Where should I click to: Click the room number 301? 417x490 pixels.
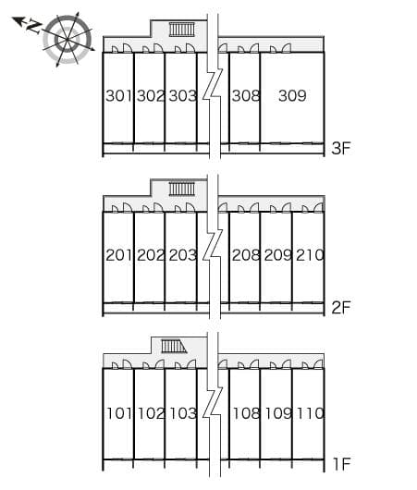(x=118, y=95)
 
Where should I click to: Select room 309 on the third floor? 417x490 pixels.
(x=292, y=95)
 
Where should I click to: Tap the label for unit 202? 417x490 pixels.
(x=151, y=255)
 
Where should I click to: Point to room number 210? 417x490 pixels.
(x=310, y=255)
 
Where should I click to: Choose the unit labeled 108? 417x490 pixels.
(x=246, y=413)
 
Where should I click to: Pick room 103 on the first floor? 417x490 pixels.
(x=183, y=413)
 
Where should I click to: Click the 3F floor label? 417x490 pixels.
(x=341, y=148)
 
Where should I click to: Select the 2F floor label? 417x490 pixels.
(x=341, y=308)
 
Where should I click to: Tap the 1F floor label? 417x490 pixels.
(x=341, y=464)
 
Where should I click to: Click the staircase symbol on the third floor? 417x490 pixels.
(x=182, y=30)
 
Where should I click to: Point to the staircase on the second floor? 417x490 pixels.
(x=182, y=189)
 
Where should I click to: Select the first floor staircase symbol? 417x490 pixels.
(x=174, y=347)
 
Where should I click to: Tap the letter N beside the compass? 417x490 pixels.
(x=34, y=27)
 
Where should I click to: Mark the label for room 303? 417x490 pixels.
(x=182, y=95)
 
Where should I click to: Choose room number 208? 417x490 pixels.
(x=246, y=255)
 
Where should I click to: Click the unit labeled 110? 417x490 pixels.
(x=310, y=413)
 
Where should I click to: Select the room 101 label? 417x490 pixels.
(x=119, y=413)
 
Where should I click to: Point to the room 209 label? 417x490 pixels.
(x=278, y=255)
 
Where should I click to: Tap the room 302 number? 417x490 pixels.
(x=151, y=95)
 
